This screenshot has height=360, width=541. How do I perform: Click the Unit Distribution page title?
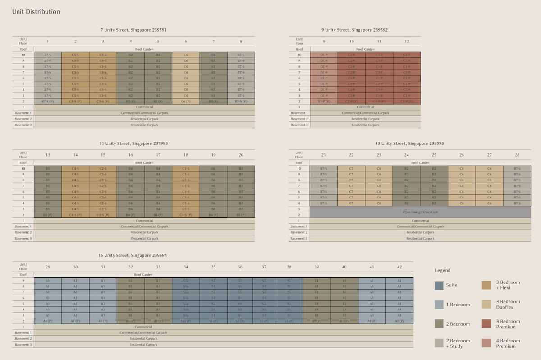(x=36, y=12)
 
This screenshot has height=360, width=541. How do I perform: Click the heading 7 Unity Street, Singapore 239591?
(x=133, y=30)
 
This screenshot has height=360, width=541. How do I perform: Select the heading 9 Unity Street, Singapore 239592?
(x=354, y=30)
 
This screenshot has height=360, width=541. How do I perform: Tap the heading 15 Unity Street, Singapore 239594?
(x=133, y=255)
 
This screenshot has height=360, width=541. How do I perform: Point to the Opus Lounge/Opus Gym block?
(x=420, y=212)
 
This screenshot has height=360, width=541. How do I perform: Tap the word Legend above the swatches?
(x=443, y=270)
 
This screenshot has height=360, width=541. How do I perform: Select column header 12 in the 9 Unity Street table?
(x=407, y=41)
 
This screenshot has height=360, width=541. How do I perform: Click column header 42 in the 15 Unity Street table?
(x=399, y=267)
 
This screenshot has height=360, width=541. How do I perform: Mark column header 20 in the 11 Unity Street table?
(x=241, y=155)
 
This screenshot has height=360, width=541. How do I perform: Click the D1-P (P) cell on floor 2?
(x=324, y=102)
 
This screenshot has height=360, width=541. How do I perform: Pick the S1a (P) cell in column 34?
(x=186, y=321)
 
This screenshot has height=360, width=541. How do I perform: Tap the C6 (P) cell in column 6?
(x=186, y=102)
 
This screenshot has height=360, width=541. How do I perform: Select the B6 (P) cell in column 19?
(x=213, y=215)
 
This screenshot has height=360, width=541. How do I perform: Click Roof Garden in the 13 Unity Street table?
(x=420, y=162)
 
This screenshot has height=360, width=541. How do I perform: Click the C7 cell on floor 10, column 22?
(x=351, y=168)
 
